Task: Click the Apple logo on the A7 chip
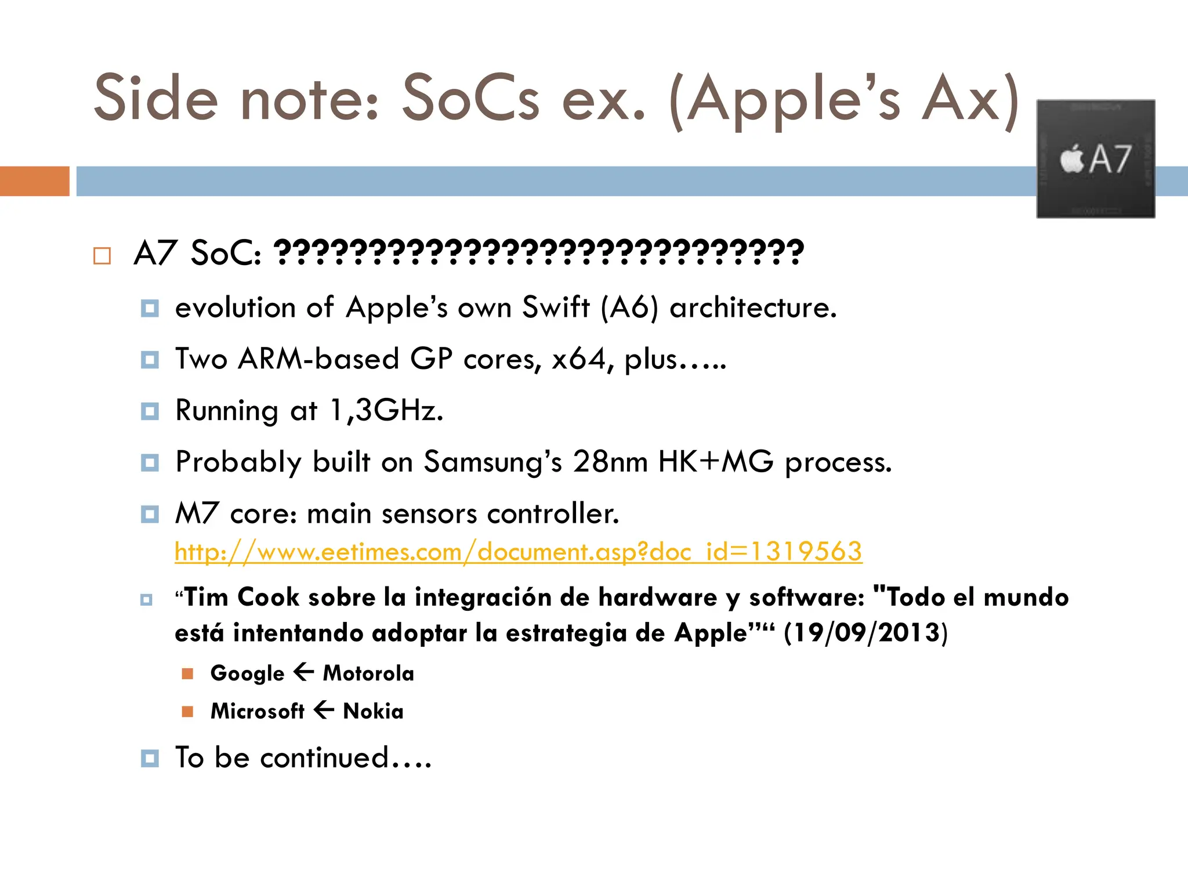point(1072,158)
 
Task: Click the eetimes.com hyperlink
point(518,552)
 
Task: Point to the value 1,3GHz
point(386,411)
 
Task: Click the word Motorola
point(368,673)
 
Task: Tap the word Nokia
point(373,711)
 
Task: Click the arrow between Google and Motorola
point(304,673)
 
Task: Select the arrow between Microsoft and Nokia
point(324,710)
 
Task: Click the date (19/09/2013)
point(865,633)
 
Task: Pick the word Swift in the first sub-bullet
point(556,307)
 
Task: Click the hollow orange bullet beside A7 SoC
point(102,256)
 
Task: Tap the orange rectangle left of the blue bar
point(35,181)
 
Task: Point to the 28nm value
point(610,462)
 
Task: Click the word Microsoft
point(258,711)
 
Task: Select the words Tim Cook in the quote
point(241,597)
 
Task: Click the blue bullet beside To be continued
point(150,758)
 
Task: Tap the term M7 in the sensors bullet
point(197,514)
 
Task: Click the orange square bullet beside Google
point(187,673)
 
